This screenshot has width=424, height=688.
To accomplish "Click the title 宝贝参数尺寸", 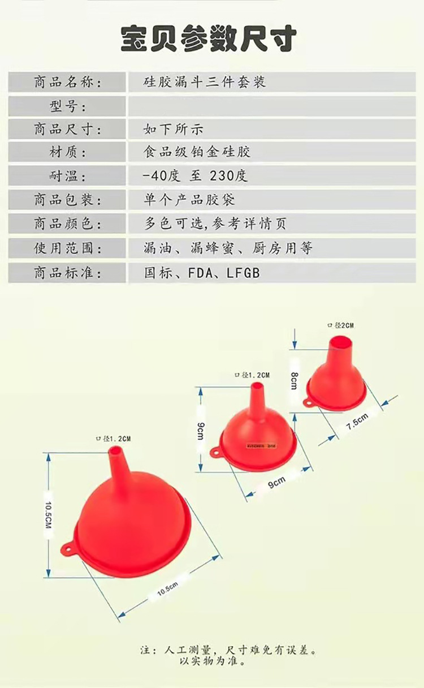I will pos(209,39).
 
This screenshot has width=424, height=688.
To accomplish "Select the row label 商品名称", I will pos(68,82).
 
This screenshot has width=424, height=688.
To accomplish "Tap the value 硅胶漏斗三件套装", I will pos(204,82).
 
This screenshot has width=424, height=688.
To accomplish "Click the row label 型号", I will pos(68,106).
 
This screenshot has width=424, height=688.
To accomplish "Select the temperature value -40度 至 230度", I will pos(195,176).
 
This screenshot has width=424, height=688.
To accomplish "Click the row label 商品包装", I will pos(68,200).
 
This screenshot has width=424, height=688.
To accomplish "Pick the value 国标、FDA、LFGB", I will pos(202,273).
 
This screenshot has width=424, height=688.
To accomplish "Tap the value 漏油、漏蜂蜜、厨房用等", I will pos(228,248).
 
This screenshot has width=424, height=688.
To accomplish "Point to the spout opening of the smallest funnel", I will pos(339,341).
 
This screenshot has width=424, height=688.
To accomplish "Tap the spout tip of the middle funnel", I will pos(257,387).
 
